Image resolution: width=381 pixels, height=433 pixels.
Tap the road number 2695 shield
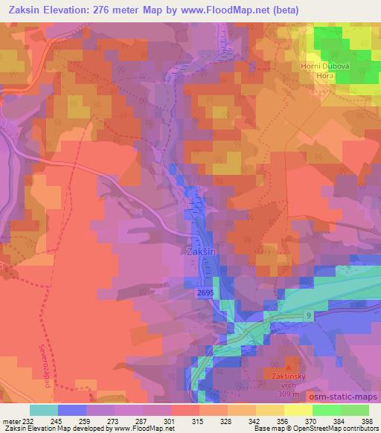tap(208, 295)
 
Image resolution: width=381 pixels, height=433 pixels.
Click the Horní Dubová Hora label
tap(321, 70)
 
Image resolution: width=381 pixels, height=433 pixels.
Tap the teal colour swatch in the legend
tap(44, 409)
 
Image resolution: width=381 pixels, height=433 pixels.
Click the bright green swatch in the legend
tap(327, 409)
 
